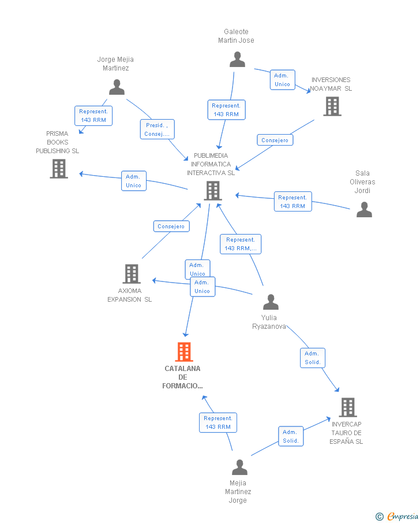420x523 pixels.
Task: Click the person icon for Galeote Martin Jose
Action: coord(237,60)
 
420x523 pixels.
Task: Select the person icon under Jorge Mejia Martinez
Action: coord(117,87)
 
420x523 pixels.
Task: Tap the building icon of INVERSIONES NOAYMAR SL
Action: coord(332,106)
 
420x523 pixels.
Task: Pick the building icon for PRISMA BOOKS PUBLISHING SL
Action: coord(59,169)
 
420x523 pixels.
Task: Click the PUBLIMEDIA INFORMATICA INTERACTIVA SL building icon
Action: coord(213,191)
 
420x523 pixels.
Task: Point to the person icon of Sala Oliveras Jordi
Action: coord(364,209)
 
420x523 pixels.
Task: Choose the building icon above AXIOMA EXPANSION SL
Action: coord(132,274)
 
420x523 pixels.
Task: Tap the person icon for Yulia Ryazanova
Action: coord(270,302)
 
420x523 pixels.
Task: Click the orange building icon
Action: coord(184,351)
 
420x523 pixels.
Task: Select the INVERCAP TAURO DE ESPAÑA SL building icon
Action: coord(347,407)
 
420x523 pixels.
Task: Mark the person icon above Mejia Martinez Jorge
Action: coord(239,467)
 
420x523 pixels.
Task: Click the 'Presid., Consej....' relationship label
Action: coord(157,129)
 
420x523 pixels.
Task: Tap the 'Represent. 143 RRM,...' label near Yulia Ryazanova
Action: coord(241,244)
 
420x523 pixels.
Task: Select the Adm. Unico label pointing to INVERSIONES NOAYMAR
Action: coord(282,80)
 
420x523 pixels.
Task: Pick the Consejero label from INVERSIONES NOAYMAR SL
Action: coord(275,140)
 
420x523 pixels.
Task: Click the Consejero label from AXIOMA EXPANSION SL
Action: coord(171,227)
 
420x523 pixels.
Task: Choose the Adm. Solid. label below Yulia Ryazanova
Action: coord(312,358)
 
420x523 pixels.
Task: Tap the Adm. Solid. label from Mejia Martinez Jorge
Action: coord(290,436)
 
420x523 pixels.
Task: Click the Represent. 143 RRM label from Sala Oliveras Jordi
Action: coord(292,202)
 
